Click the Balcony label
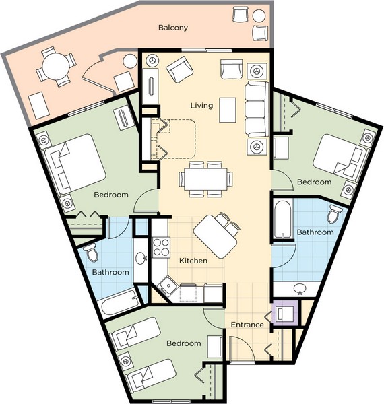[173, 28]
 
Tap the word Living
[202, 106]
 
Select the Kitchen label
[193, 261]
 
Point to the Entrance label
[247, 325]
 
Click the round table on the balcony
[56, 66]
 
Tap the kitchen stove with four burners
[161, 248]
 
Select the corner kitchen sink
[168, 285]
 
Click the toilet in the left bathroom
[91, 252]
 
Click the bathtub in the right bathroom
[283, 219]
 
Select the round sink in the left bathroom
[141, 258]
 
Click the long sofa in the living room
[257, 109]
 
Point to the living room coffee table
[228, 110]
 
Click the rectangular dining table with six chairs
[206, 179]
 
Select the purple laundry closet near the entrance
[286, 313]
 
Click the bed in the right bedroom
[338, 157]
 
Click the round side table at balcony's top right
[259, 15]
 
